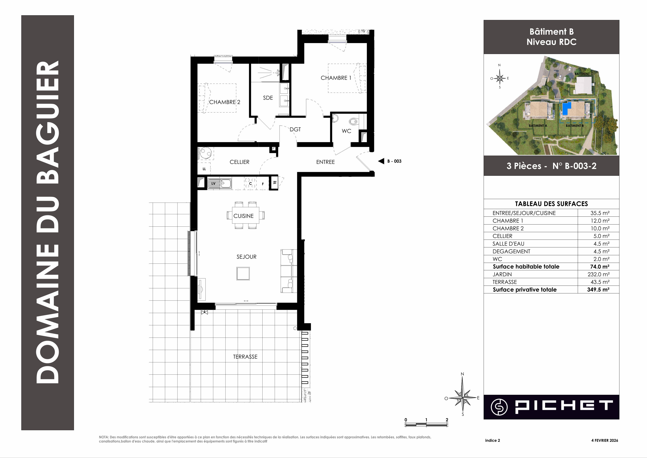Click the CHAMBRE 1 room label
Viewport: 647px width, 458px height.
[x=336, y=78]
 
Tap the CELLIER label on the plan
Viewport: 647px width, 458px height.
[x=239, y=162]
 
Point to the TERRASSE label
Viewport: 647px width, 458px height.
[x=245, y=357]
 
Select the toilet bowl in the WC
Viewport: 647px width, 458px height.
[x=353, y=122]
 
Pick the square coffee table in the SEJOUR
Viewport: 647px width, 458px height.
[x=243, y=273]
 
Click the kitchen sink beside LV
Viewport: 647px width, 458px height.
[x=226, y=184]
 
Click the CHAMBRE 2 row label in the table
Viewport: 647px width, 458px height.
[x=508, y=228]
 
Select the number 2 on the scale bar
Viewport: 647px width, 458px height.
[x=447, y=420]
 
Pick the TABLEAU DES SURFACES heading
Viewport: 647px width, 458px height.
[x=552, y=204]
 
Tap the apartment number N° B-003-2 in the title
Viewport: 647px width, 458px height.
[x=575, y=166]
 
